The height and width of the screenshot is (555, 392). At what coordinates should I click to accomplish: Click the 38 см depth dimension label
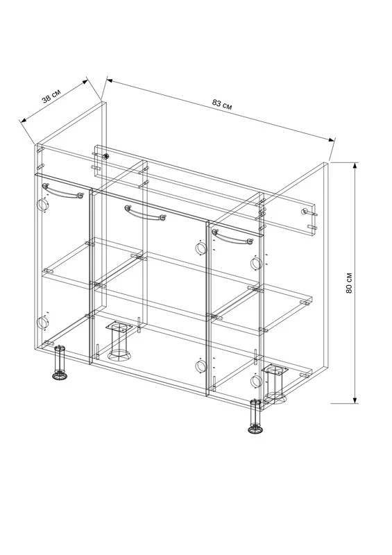point(51,96)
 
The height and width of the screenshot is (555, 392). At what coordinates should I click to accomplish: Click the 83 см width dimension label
point(223,104)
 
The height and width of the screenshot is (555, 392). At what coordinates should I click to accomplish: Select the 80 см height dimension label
point(349,282)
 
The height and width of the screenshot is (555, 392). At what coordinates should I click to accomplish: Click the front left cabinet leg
point(60,363)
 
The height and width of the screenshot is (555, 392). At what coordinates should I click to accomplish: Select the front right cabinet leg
point(256,417)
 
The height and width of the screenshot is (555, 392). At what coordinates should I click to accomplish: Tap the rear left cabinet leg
point(119,340)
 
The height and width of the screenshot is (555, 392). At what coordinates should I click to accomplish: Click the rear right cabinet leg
point(275,384)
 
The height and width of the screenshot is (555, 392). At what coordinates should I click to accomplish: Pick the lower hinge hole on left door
point(42,322)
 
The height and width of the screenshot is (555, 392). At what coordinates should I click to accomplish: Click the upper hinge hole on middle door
point(201,248)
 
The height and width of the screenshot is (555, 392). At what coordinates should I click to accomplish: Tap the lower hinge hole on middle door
point(201,366)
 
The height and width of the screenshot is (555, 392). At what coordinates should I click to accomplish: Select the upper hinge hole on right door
point(256,264)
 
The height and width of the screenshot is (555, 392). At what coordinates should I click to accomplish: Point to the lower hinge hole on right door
point(256,381)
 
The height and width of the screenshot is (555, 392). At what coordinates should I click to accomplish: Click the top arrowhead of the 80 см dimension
point(355,166)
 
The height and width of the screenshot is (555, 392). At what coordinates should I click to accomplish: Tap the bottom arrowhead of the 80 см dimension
point(355,400)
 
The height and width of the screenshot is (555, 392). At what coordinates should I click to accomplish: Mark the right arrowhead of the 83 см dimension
point(332,139)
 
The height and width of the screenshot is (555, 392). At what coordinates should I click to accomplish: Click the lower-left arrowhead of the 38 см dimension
point(24,120)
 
